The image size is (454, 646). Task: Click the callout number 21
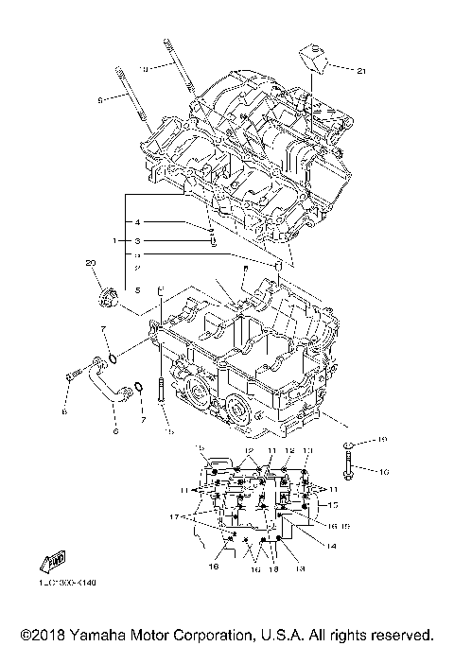360,69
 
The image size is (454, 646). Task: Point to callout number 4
137,222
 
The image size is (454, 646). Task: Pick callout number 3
137,241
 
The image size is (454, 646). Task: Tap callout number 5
137,290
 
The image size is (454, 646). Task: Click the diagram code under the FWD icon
68,583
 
